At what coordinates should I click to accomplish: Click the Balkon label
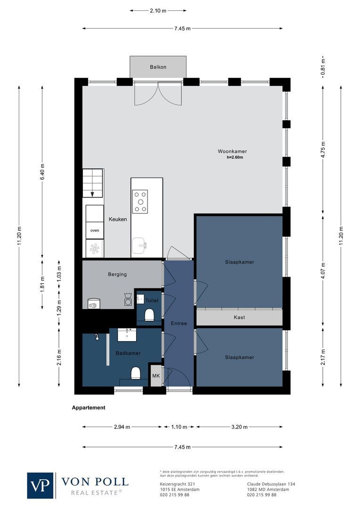point(158,67)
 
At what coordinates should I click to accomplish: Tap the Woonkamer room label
point(232,151)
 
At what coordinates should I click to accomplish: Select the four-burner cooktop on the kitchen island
point(140,201)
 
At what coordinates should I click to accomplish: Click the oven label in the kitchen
point(95,230)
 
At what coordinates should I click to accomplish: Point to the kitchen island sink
point(139,245)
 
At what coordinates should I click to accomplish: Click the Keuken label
point(118,219)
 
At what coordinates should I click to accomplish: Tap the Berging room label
point(117,274)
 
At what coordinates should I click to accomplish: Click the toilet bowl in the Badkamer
point(136,373)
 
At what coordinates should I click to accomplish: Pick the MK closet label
point(155,376)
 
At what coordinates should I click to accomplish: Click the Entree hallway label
point(179,323)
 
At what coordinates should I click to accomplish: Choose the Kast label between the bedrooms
point(239,318)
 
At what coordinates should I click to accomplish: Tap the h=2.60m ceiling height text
point(234,157)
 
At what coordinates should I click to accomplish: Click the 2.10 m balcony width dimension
point(158,10)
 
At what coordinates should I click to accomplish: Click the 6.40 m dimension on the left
point(42,172)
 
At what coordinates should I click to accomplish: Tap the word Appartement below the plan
point(89,408)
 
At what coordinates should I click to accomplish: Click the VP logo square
point(41,485)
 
